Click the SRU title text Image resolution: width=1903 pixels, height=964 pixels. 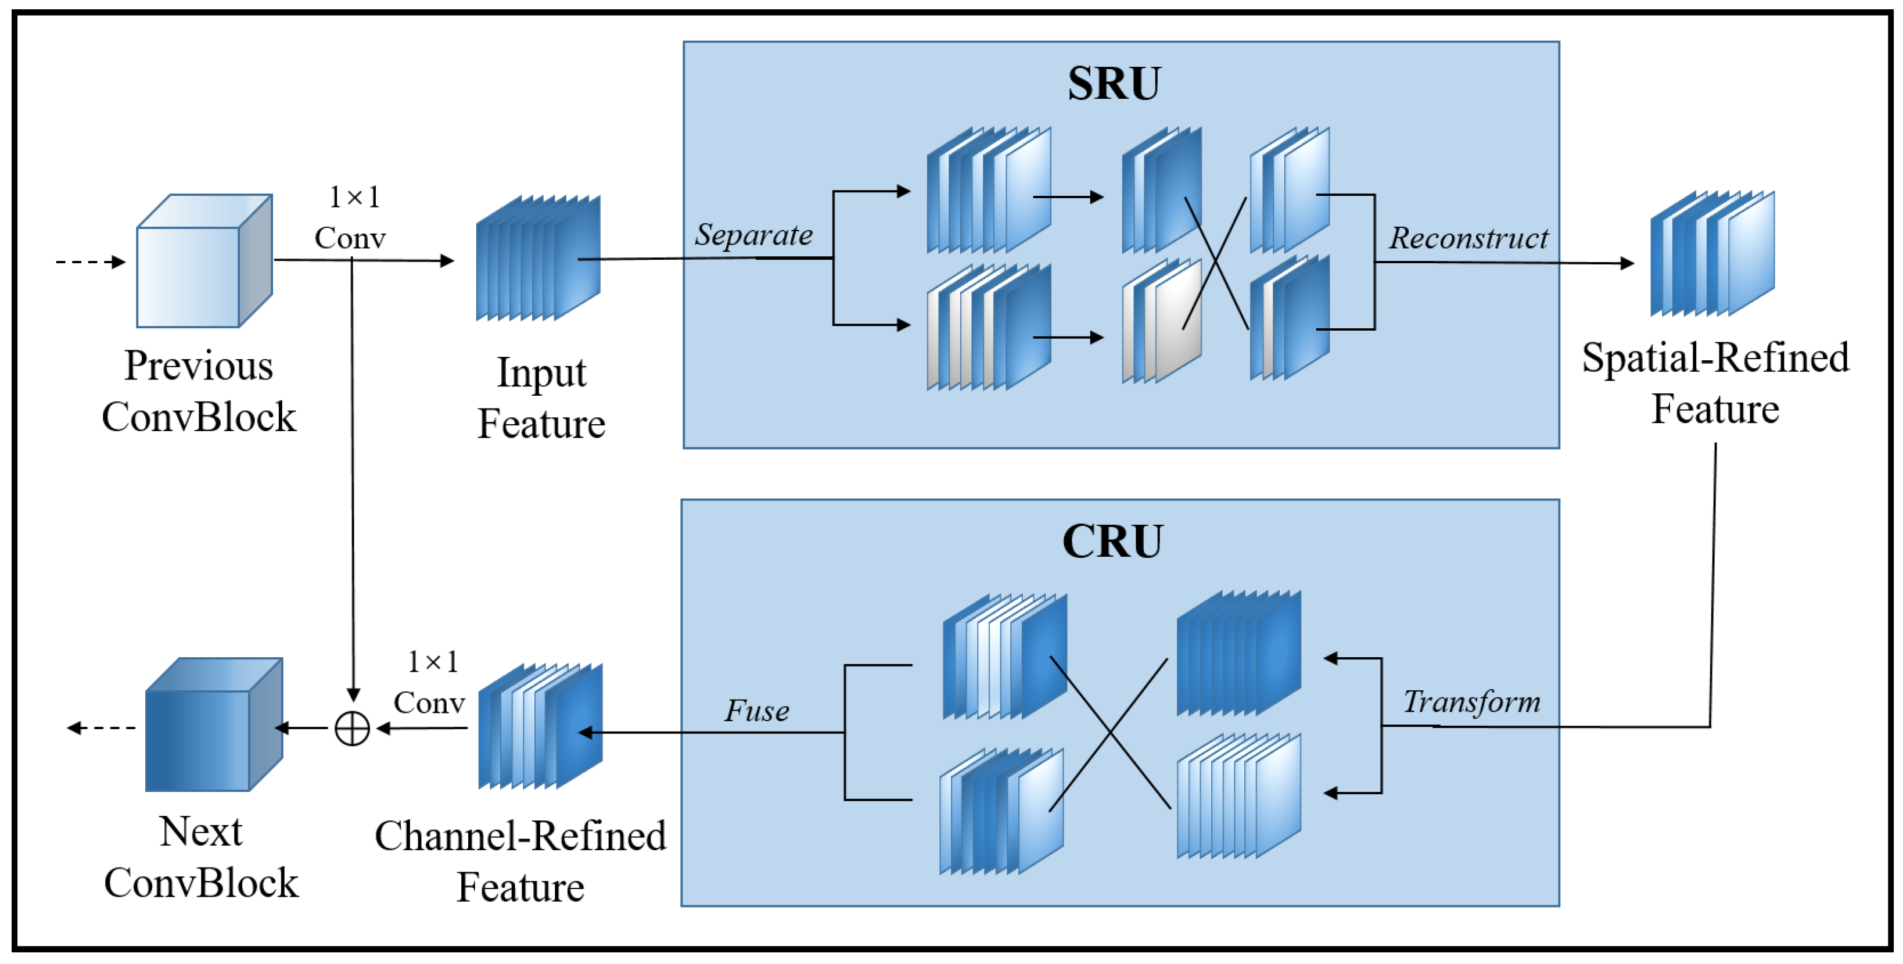(x=1114, y=84)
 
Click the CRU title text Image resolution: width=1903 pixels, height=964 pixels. (x=1112, y=542)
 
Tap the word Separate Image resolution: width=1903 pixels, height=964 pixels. (x=753, y=235)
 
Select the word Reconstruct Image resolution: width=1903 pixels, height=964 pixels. (x=1468, y=238)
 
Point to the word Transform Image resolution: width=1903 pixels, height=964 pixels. (x=1471, y=702)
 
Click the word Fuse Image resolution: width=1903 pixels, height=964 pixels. (x=756, y=711)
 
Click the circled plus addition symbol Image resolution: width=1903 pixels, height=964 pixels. (x=353, y=729)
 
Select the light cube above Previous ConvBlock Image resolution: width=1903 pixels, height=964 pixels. (x=204, y=261)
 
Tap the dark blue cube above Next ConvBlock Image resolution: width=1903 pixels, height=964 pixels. (x=213, y=725)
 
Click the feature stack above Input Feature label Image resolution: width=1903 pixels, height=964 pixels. (x=538, y=259)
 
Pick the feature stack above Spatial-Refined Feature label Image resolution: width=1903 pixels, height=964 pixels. (x=1712, y=253)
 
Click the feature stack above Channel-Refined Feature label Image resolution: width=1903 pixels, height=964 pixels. (x=540, y=727)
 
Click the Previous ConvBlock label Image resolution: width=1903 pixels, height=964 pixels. (x=199, y=392)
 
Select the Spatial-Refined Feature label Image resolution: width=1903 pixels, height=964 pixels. (x=1715, y=384)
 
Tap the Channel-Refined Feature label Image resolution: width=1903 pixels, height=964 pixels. (x=520, y=861)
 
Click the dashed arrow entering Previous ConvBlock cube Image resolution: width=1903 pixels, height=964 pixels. (x=90, y=261)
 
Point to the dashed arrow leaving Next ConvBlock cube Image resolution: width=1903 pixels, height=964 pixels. (x=102, y=728)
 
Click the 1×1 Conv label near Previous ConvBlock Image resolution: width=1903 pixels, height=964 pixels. (x=351, y=218)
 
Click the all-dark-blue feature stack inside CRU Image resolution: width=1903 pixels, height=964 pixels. (x=1238, y=654)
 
